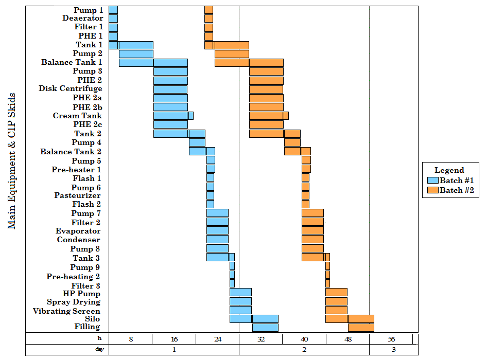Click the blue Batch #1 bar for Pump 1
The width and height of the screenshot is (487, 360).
click(x=113, y=10)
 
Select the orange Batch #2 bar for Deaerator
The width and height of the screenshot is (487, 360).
click(x=208, y=19)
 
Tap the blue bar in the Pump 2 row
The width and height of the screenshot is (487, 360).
click(x=136, y=54)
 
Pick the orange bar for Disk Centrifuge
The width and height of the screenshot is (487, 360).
click(x=266, y=89)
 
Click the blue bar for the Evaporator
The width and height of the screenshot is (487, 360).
click(x=217, y=231)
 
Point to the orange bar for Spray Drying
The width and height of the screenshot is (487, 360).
click(x=336, y=302)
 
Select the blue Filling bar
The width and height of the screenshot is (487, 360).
click(x=265, y=328)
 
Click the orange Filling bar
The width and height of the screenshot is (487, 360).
click(x=361, y=328)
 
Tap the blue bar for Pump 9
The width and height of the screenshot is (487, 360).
click(x=232, y=266)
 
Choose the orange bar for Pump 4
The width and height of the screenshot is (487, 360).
click(x=292, y=142)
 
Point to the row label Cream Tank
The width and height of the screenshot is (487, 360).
click(x=77, y=116)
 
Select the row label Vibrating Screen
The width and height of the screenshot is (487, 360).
click(x=66, y=311)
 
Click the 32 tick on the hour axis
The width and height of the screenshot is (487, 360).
click(x=261, y=339)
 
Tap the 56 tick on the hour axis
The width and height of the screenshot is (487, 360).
click(x=391, y=339)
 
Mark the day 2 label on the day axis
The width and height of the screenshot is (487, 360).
click(x=304, y=350)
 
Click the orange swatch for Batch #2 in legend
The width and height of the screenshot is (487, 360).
click(x=432, y=190)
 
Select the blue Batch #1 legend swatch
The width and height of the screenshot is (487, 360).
click(x=432, y=181)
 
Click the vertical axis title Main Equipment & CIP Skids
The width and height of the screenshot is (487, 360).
click(x=12, y=161)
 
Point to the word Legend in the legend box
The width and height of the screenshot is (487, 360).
click(x=449, y=170)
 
